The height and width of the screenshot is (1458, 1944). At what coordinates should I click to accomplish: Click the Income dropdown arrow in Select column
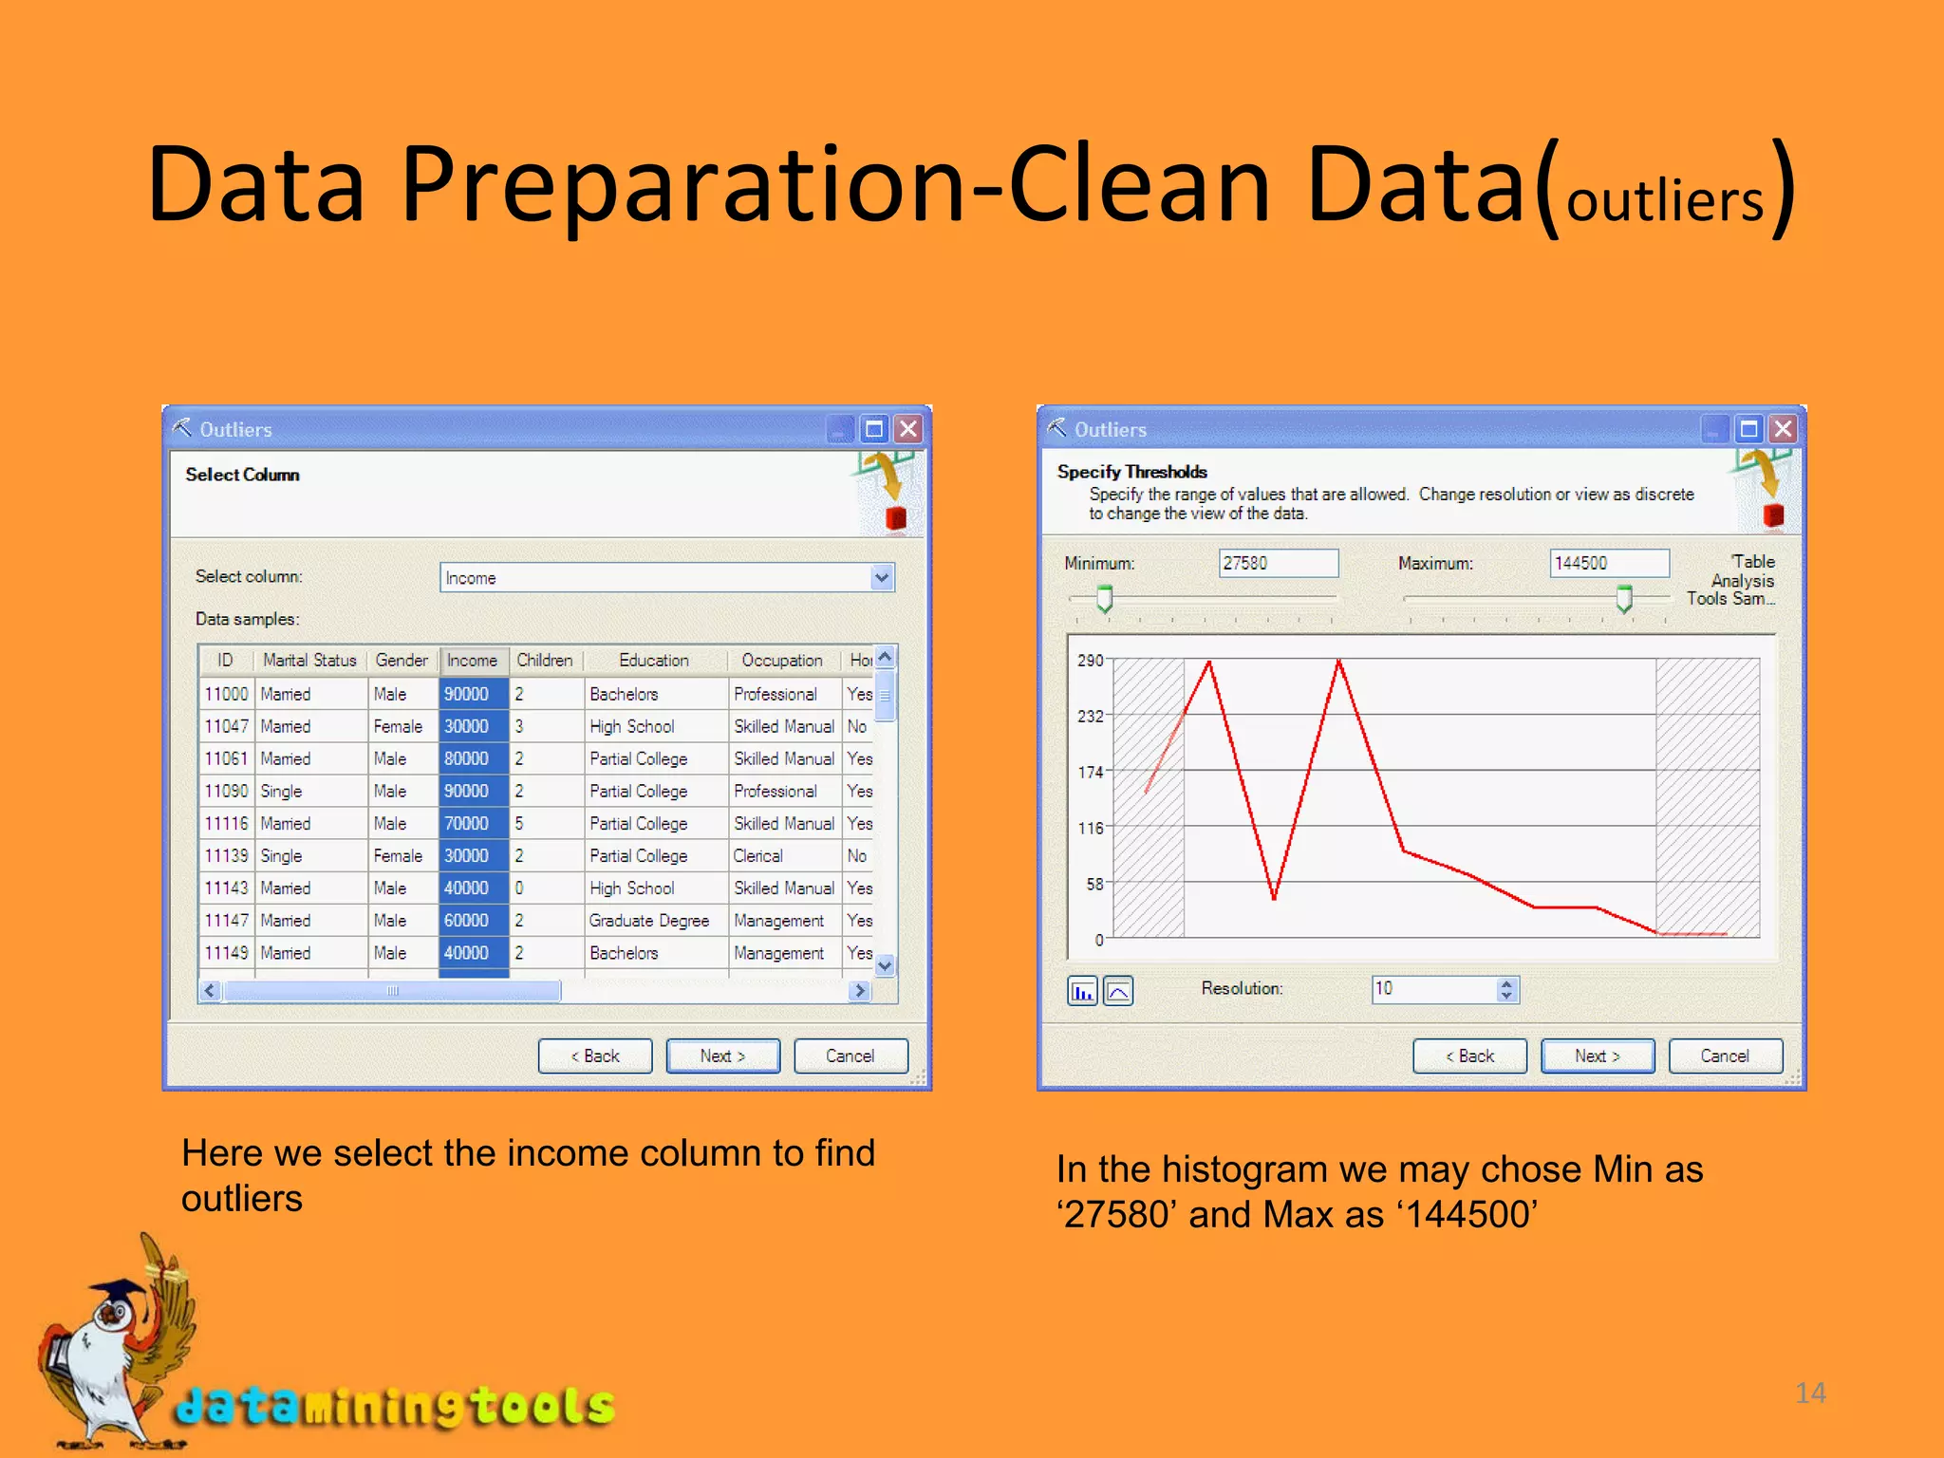pos(882,577)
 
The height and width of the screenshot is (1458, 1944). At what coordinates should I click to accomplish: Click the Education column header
pos(653,660)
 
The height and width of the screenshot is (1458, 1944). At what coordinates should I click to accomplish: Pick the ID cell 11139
pos(226,855)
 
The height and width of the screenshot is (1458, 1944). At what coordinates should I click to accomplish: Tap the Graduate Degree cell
pos(649,920)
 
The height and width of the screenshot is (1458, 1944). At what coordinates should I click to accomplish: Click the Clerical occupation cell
pos(758,855)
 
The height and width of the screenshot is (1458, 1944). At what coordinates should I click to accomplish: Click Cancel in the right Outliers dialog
pos(1724,1056)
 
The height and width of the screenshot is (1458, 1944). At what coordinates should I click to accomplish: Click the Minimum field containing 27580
pos(1278,563)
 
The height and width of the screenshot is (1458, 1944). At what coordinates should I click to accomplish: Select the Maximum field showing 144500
pos(1609,563)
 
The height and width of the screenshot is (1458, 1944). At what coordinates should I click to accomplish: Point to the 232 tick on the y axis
pos(1091,716)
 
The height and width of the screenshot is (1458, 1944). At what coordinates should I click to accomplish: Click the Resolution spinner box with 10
pos(1433,989)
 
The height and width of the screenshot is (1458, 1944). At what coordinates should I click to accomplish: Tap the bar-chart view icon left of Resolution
pos(1082,991)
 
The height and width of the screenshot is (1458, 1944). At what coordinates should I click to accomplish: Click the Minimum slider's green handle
pos(1105,599)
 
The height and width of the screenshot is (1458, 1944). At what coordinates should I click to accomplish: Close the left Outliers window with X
pos(908,429)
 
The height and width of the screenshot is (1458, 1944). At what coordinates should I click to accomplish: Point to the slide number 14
pos(1810,1393)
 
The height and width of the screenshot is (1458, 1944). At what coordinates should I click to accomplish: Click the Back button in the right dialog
pos(1469,1056)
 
